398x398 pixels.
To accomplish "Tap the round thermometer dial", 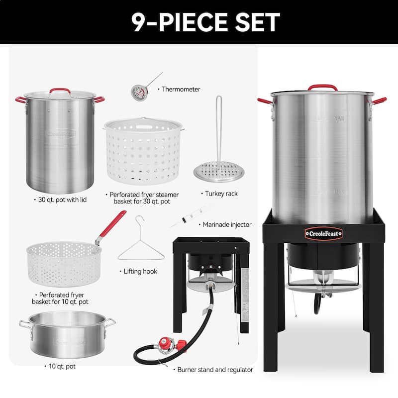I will [137, 92].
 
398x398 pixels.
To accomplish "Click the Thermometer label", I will [181, 90].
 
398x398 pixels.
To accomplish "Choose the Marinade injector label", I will [227, 225].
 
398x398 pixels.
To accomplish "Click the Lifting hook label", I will [140, 271].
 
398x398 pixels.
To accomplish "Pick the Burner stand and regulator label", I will [215, 370].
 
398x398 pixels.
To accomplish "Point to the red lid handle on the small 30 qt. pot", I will [59, 91].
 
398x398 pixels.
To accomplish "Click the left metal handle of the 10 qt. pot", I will [25, 324].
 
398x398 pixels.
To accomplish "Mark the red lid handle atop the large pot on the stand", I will [322, 87].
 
